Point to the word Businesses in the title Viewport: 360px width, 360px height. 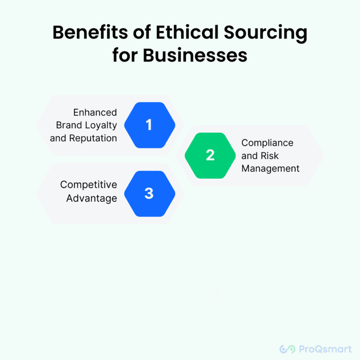click(x=195, y=55)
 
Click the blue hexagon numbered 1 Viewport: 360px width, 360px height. click(x=149, y=125)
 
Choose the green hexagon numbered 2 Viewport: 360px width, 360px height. click(x=210, y=156)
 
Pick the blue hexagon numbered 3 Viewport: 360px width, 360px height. click(x=149, y=193)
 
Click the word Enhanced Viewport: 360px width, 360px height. click(x=95, y=112)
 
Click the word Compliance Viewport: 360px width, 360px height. click(x=267, y=143)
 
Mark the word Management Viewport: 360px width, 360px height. click(x=270, y=168)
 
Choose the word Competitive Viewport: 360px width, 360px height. click(x=89, y=185)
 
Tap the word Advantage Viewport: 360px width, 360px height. click(x=92, y=198)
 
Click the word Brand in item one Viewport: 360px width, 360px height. click(x=68, y=125)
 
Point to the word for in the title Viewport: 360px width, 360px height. click(x=125, y=55)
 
